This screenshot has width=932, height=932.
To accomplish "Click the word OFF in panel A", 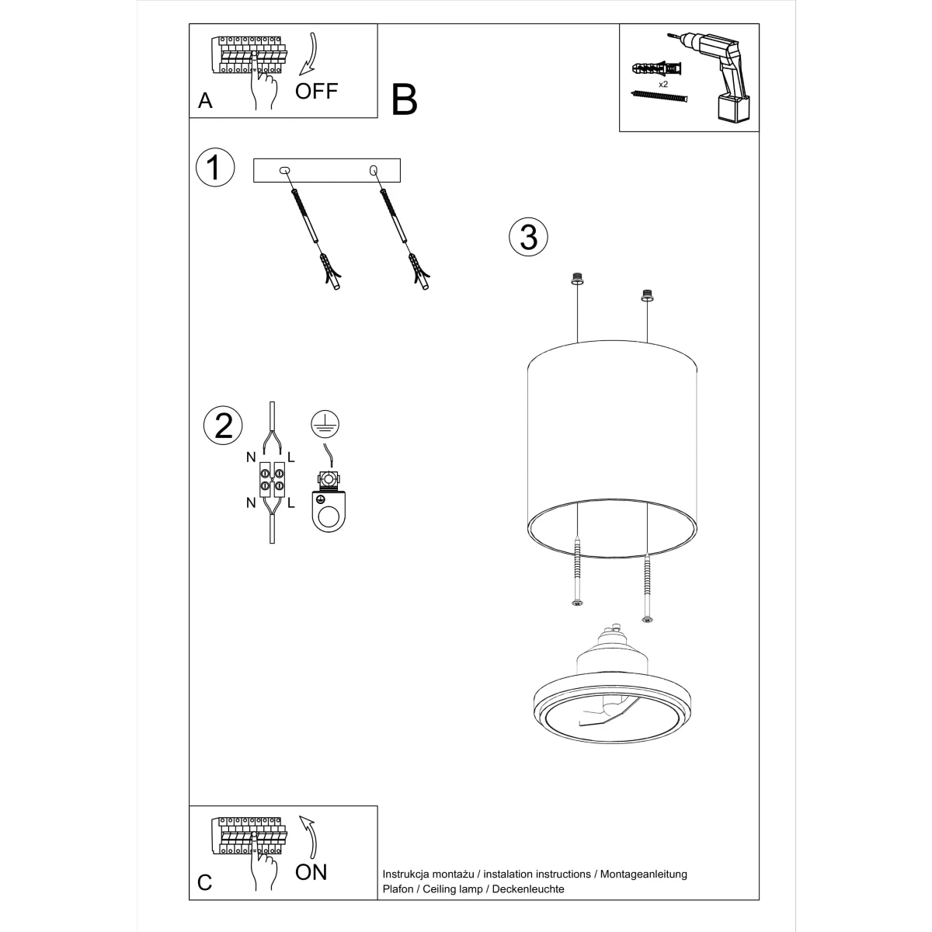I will [x=316, y=91].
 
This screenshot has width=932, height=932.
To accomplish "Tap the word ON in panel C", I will [x=311, y=871].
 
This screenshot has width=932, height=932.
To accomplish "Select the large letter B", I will [x=405, y=100].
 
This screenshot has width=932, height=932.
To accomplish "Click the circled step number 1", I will [x=215, y=168].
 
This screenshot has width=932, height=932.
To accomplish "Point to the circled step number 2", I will [x=223, y=426].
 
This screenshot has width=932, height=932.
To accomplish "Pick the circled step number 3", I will [x=528, y=236].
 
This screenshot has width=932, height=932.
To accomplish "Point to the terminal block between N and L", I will [x=271, y=478].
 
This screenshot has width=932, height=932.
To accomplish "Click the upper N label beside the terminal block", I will [x=251, y=457].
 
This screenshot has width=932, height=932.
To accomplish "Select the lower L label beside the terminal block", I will [x=291, y=503].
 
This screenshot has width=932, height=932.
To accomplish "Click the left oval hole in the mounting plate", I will [x=283, y=170].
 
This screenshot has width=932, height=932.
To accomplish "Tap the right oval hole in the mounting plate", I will [x=374, y=170].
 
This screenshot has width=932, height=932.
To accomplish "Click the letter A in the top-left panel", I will [x=205, y=101].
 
